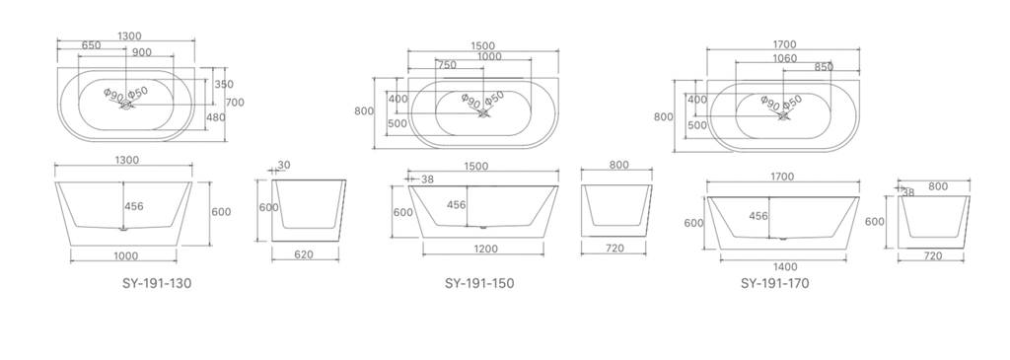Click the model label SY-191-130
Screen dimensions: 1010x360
pyautogui.click(x=157, y=283)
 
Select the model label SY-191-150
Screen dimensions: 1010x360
pyautogui.click(x=479, y=283)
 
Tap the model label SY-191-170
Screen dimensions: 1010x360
pyautogui.click(x=775, y=283)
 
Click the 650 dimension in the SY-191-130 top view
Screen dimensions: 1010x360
pyautogui.click(x=91, y=45)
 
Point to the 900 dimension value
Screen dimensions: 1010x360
pyautogui.click(x=142, y=52)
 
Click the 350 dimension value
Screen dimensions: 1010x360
pyautogui.click(x=224, y=85)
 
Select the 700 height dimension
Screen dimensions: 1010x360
pyautogui.click(x=235, y=102)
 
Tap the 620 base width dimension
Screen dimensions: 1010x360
pyautogui.click(x=304, y=254)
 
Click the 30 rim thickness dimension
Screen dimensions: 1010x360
pyautogui.click(x=284, y=165)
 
